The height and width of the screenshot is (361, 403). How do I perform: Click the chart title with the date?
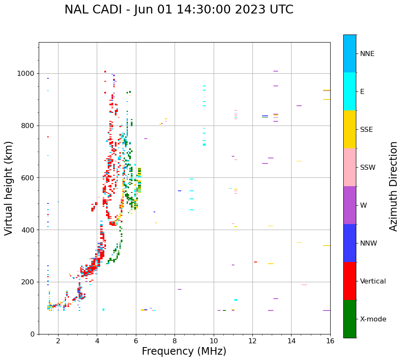pos(179,10)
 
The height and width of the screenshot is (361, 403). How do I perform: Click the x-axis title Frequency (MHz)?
pos(184,351)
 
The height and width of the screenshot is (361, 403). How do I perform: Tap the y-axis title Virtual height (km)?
pos(9,188)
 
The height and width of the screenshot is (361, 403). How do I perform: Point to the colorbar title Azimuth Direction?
pos(393,186)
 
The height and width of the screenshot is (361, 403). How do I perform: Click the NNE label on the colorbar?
pos(367,54)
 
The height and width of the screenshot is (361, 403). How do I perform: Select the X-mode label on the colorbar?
pos(373,319)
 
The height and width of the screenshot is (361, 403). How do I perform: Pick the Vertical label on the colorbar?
pos(373,281)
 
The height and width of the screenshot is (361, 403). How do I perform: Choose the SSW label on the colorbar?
pos(368,168)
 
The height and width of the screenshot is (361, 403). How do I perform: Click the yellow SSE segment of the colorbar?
pos(350,129)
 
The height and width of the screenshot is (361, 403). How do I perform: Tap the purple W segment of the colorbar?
pos(350,205)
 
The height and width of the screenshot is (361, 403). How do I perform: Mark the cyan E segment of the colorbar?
pos(350,91)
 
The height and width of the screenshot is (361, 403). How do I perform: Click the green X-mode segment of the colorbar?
pos(350,319)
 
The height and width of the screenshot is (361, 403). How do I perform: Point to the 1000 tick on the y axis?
pos(27,73)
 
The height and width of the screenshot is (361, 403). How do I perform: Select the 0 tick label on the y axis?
pos(33,334)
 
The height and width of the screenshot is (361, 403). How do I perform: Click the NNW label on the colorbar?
pos(369,243)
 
